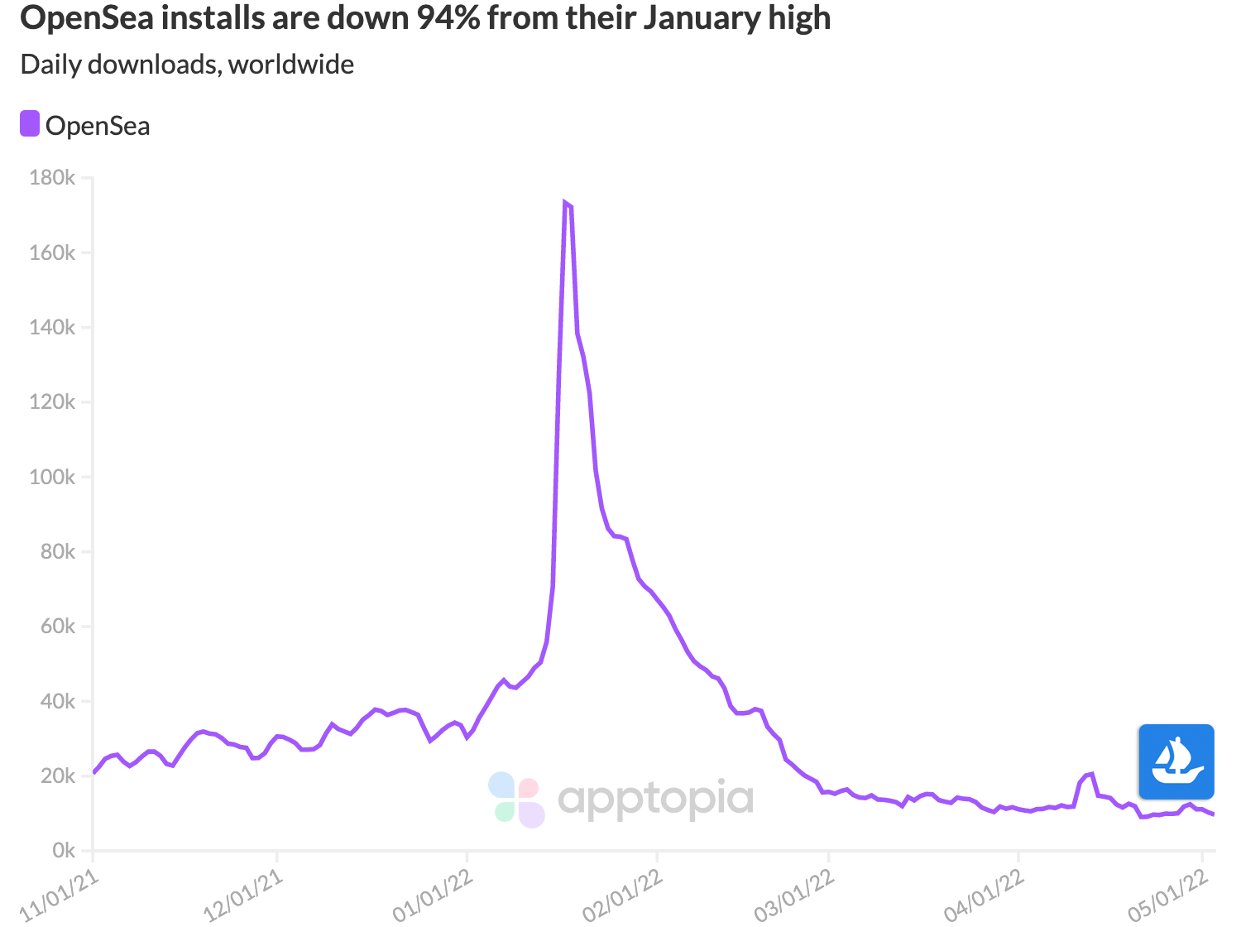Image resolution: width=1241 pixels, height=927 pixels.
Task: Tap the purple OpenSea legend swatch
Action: click(x=30, y=124)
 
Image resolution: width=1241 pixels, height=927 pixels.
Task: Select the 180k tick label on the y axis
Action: click(x=52, y=178)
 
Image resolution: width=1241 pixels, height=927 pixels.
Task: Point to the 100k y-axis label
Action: click(x=52, y=478)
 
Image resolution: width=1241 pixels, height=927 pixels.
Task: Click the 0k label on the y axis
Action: click(x=63, y=851)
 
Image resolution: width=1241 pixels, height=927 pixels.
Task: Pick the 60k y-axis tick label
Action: click(x=57, y=627)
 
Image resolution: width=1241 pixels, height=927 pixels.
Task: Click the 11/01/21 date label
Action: click(x=60, y=896)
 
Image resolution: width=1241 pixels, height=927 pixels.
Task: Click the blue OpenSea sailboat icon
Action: click(x=1176, y=761)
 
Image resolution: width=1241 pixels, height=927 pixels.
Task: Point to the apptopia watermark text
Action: click(x=655, y=799)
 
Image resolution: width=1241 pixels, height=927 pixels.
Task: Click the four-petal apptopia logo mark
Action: click(x=516, y=800)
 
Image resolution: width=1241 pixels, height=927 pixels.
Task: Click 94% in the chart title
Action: click(x=448, y=17)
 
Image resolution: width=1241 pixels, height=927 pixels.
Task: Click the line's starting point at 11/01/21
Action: click(x=93, y=772)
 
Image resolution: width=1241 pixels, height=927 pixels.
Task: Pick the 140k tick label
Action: click(x=52, y=328)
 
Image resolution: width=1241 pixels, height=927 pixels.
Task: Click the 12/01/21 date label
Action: click(x=244, y=896)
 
